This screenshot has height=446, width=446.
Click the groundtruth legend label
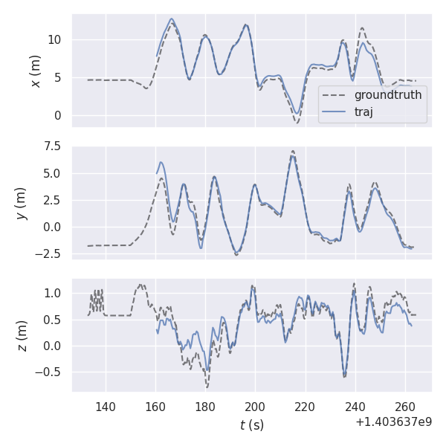click(388, 95)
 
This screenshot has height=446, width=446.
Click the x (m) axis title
click(35, 71)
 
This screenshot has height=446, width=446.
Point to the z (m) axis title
click(22, 335)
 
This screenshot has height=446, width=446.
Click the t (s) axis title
click(252, 425)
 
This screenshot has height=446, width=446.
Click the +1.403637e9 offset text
click(394, 421)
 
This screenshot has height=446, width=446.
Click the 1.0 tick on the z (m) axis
click(54, 293)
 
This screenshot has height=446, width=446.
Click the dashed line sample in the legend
click(336, 95)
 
